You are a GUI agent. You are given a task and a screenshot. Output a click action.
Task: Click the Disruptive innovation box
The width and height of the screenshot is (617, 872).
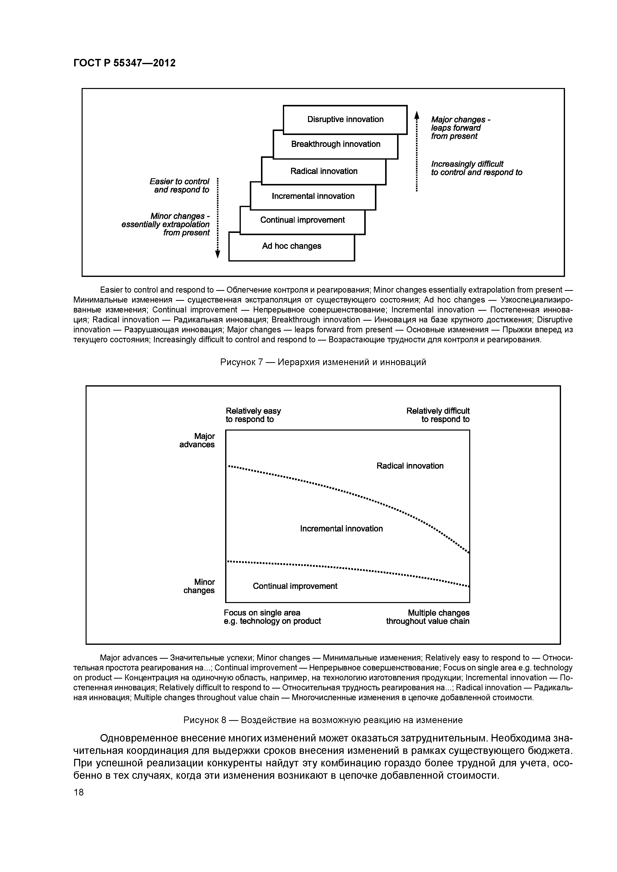tap(345, 120)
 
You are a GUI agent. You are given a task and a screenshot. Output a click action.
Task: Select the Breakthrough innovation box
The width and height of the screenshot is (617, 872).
tap(335, 145)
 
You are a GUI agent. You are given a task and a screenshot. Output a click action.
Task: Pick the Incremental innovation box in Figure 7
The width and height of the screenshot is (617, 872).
tap(313, 196)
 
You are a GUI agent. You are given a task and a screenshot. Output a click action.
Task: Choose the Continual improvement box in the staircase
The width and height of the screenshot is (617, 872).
tap(302, 220)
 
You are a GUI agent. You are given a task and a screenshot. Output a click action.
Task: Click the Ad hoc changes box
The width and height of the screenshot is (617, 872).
tap(292, 247)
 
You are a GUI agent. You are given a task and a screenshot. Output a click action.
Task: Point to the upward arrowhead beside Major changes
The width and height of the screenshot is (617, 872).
tap(417, 114)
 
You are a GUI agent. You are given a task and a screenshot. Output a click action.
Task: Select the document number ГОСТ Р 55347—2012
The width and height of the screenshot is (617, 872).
tap(124, 63)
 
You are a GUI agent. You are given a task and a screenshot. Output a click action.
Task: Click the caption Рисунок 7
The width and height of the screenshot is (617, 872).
tap(323, 362)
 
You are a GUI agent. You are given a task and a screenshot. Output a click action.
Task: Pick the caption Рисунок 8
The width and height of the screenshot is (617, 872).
tap(323, 720)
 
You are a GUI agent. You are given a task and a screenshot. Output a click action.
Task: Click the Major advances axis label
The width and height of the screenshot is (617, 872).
tap(197, 440)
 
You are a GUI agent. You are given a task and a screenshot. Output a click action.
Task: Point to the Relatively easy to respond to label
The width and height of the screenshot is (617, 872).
tap(253, 415)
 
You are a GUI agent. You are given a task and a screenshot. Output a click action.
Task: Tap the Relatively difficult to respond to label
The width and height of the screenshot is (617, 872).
tap(438, 415)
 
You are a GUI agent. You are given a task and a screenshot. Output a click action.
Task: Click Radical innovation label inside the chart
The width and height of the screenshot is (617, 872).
tap(410, 466)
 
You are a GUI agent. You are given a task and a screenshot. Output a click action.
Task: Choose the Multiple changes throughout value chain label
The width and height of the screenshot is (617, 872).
tap(428, 617)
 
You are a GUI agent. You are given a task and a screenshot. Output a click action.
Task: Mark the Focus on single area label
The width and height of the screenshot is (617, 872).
tap(272, 617)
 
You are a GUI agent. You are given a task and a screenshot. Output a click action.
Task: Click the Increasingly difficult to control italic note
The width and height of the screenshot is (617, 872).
tap(476, 168)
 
